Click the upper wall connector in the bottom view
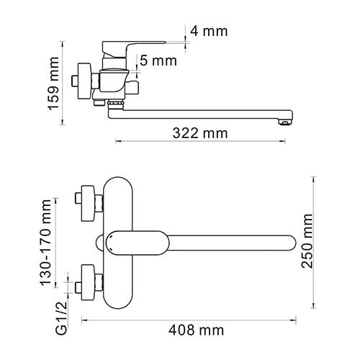[x=88, y=203]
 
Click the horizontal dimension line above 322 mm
[x=202, y=142]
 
